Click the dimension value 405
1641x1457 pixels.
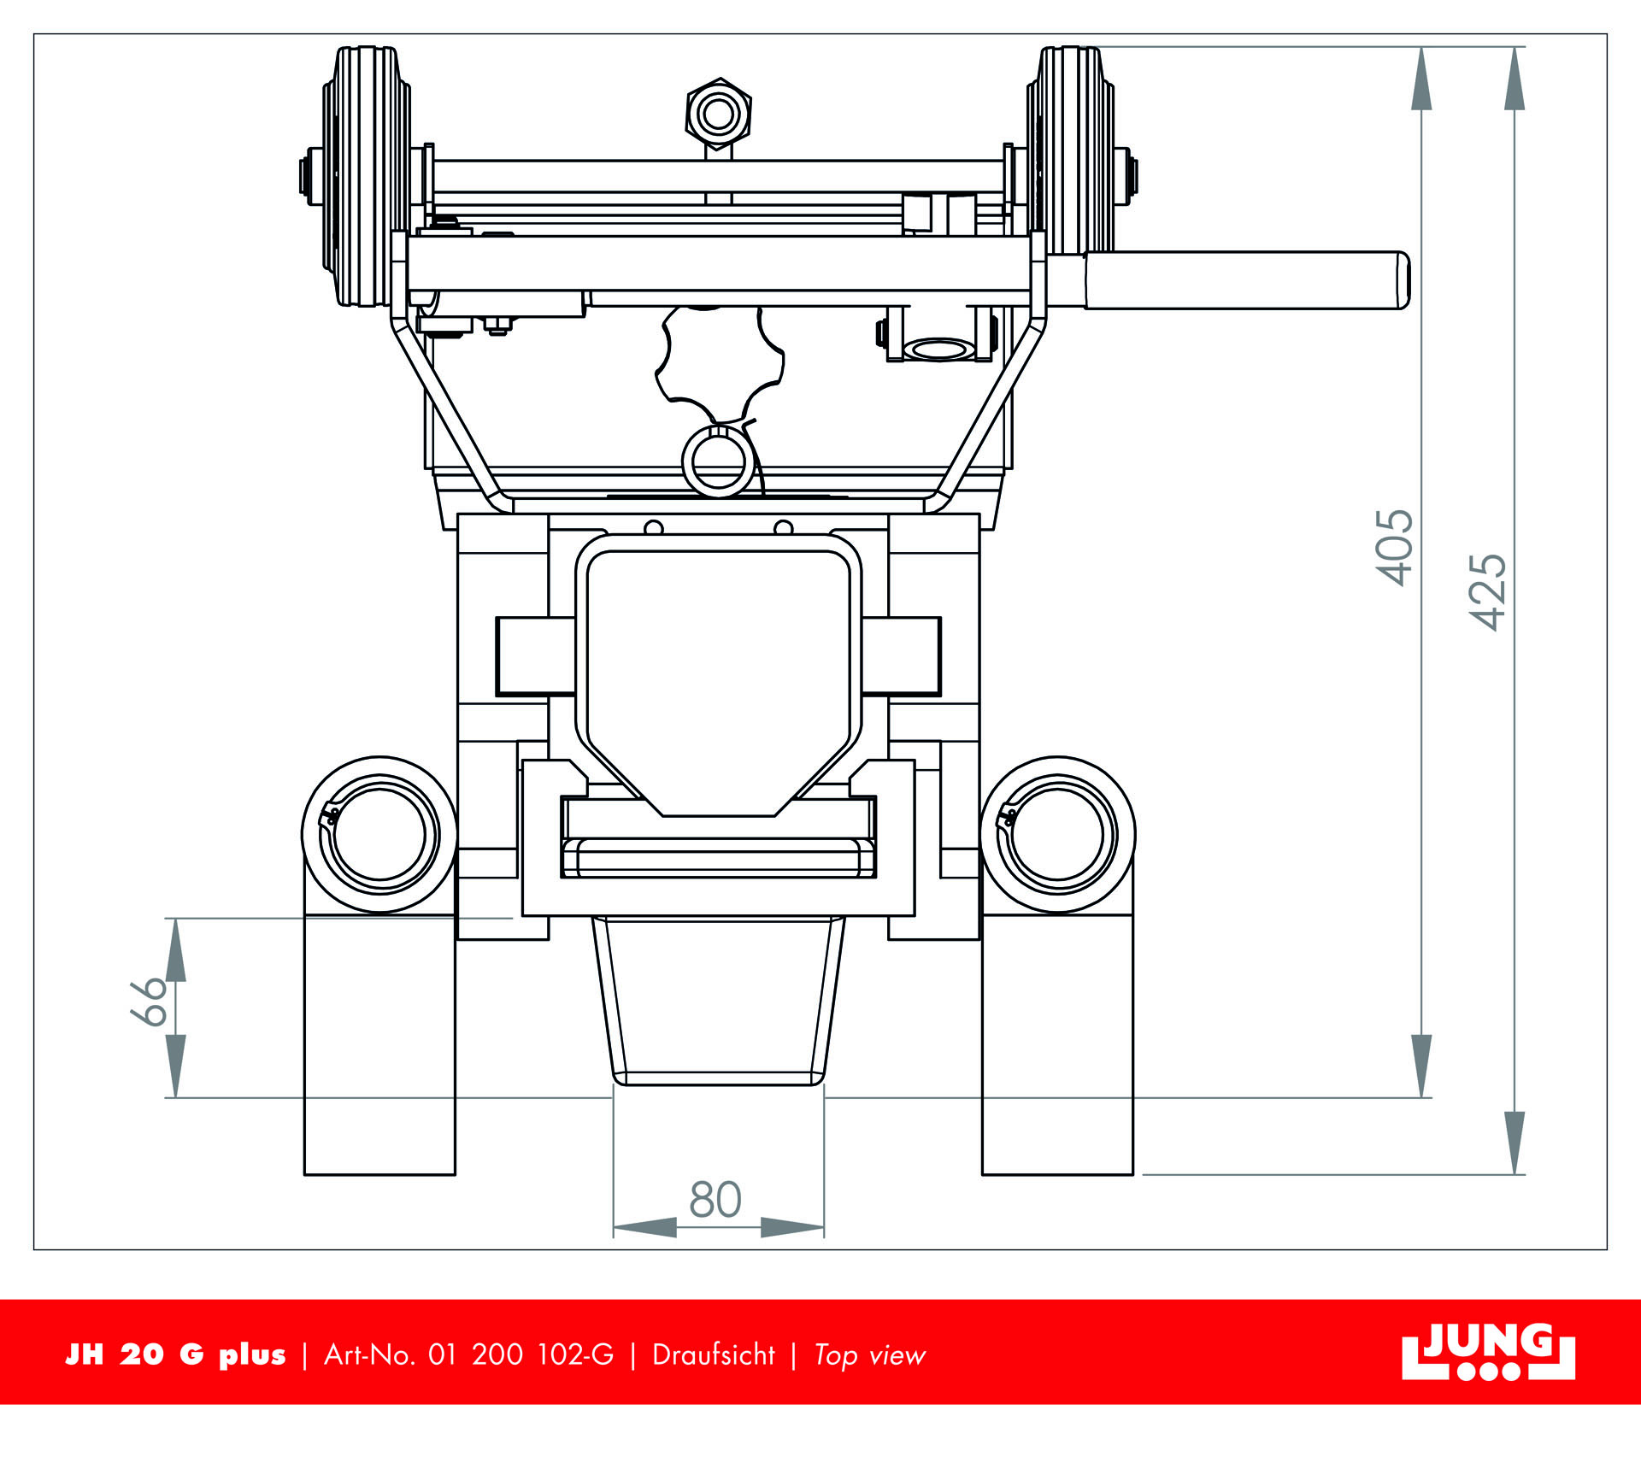[1394, 548]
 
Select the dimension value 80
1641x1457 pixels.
[715, 1200]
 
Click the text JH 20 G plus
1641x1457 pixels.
[176, 1355]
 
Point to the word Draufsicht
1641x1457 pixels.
[713, 1355]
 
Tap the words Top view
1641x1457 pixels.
[869, 1355]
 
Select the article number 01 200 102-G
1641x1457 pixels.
[521, 1355]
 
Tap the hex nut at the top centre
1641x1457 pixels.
[719, 114]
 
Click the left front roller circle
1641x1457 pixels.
[379, 835]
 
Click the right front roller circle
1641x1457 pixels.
[1058, 835]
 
